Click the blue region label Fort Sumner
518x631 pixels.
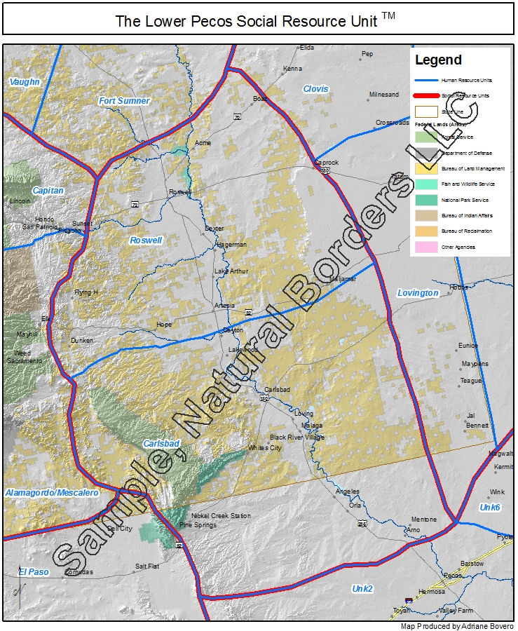pos(124,101)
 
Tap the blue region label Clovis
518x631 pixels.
pos(315,89)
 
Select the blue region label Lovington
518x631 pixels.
pos(418,293)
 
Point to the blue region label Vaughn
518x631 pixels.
pos(25,82)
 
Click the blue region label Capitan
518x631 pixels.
pos(48,191)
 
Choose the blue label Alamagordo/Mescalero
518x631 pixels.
pos(52,493)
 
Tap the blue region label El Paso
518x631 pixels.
pos(34,572)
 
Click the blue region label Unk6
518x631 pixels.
pos(490,507)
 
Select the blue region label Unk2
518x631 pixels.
pos(363,588)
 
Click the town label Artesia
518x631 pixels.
pos(225,306)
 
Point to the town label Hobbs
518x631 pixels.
pos(459,287)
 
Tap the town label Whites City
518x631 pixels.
pos(265,448)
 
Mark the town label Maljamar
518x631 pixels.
pos(343,278)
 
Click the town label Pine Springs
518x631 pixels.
pos(198,524)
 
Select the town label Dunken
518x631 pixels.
pos(81,341)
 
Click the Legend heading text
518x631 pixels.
pos(438,60)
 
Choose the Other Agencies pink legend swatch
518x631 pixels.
pos(426,247)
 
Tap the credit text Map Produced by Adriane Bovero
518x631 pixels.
pos(456,626)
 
